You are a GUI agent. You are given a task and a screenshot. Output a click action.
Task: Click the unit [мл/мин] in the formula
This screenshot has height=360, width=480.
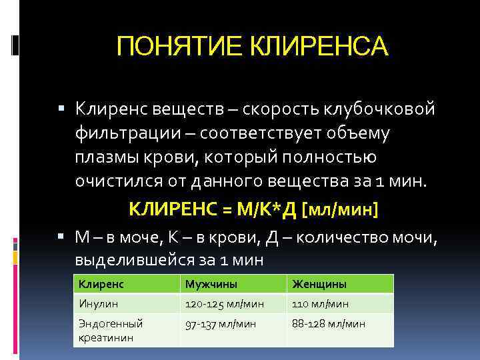[341, 211]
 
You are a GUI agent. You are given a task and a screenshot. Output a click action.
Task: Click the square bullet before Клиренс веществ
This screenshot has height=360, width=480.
[61, 107]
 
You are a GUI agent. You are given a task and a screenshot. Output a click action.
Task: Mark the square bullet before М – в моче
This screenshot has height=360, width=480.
[61, 236]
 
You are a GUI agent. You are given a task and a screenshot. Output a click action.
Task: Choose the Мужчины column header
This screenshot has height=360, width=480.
[211, 285]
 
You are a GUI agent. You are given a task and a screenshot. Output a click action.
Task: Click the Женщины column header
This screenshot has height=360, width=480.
[319, 285]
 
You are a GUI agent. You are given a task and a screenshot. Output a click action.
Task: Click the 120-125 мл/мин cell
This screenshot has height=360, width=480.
[225, 304]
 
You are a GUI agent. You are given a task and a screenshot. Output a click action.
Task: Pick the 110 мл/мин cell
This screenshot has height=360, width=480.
[320, 304]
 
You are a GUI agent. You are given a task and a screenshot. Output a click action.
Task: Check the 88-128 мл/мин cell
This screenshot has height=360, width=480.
[329, 323]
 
